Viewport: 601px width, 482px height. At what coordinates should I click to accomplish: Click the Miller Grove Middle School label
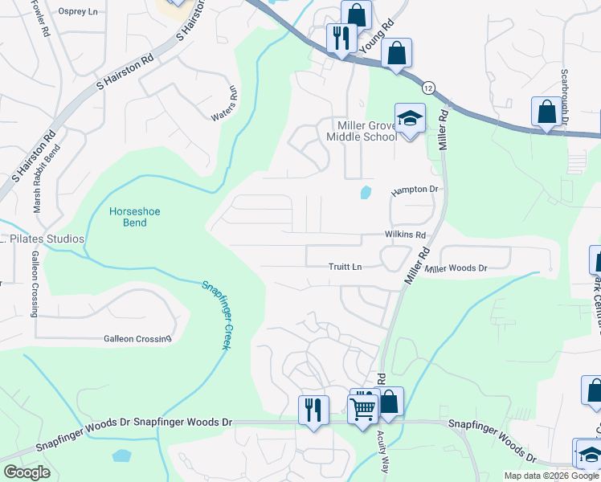click(x=362, y=131)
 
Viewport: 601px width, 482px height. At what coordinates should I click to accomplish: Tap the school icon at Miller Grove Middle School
click(x=410, y=120)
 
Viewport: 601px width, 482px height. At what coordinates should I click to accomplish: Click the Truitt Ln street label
click(x=345, y=267)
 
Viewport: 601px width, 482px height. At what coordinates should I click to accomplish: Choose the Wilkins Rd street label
click(x=403, y=235)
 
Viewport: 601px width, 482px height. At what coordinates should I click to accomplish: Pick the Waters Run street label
click(x=225, y=104)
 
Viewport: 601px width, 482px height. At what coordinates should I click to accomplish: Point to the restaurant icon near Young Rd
click(x=341, y=37)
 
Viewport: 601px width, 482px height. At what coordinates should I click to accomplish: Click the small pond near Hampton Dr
click(x=366, y=192)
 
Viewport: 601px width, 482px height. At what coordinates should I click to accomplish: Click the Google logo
click(x=26, y=472)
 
